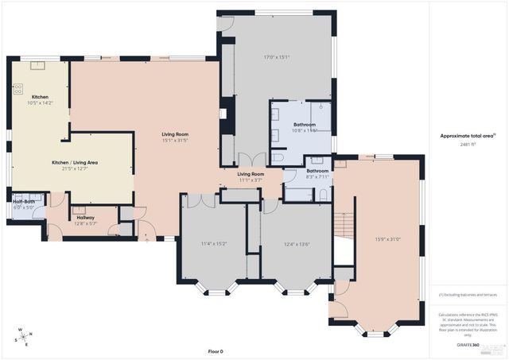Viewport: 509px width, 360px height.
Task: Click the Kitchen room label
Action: (40, 97)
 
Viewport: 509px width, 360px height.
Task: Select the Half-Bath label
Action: (23, 202)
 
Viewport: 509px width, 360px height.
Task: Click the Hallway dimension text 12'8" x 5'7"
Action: (85, 223)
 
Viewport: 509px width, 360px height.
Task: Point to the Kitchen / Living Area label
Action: (71, 162)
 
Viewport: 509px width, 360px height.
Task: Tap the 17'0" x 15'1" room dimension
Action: (277, 57)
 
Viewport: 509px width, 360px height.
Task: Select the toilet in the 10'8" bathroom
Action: (278, 157)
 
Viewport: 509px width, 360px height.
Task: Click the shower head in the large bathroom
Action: (321, 106)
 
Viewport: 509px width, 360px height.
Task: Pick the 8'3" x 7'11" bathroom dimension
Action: (318, 176)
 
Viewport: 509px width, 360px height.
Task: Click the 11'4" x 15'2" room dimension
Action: (213, 243)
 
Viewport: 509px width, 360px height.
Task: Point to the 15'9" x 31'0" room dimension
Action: (388, 239)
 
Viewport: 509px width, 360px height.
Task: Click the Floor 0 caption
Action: (216, 351)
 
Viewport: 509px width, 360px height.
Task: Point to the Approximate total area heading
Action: (468, 136)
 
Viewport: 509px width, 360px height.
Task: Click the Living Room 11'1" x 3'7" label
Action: (251, 176)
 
